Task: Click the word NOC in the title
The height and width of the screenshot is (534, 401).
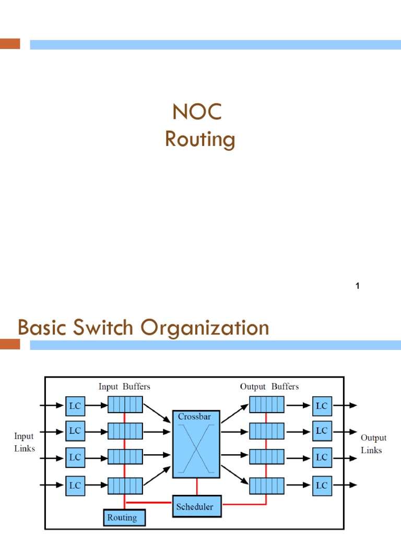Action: (x=197, y=112)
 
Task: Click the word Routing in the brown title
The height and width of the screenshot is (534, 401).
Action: (x=200, y=140)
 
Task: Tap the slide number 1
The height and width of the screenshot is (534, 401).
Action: (x=358, y=286)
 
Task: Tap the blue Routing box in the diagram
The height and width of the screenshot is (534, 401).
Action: (x=124, y=518)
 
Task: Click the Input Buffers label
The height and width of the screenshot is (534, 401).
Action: (x=124, y=386)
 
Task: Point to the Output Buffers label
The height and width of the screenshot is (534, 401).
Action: (x=269, y=386)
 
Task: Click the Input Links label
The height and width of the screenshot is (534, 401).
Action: (x=24, y=442)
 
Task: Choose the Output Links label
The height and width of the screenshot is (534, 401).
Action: (x=373, y=444)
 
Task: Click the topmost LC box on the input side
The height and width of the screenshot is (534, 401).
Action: (x=75, y=405)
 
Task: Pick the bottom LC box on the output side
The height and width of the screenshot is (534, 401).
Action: (x=322, y=485)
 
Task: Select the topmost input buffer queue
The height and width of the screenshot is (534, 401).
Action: (x=125, y=405)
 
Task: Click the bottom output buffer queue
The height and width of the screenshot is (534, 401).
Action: (x=266, y=486)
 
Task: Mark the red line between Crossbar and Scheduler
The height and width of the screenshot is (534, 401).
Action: (x=197, y=487)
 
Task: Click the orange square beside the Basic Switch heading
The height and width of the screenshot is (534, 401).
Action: (x=10, y=344)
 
